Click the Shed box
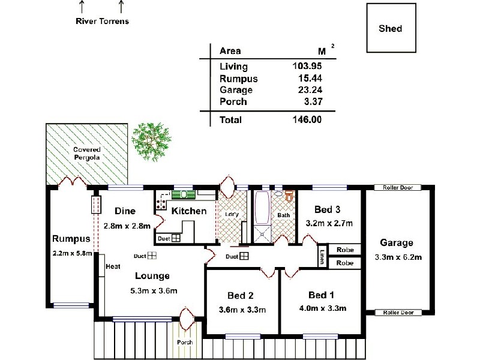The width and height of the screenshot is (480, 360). pos(391,28)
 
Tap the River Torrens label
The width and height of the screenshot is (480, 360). pos(102,21)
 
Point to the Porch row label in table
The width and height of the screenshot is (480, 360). pos(233,101)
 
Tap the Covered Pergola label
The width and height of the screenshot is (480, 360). pos(87,153)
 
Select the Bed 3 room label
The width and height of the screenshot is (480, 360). pos(328,209)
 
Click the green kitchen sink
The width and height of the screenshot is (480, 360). pos(184,194)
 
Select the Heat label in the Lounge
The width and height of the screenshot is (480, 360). pos(113,266)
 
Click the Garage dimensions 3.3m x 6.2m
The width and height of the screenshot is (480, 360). pos(397,257)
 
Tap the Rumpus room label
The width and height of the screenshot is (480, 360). pos(71,239)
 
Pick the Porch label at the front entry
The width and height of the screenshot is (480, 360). pos(185,343)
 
